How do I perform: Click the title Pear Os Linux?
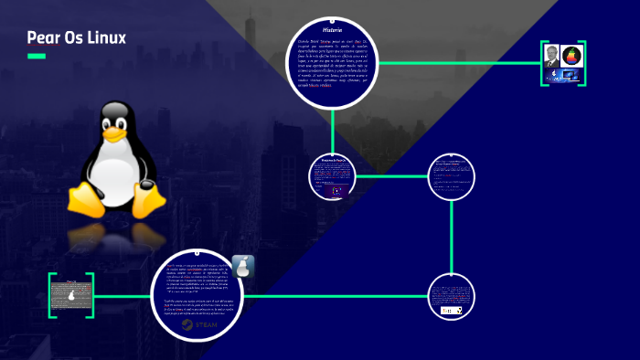point(76,37)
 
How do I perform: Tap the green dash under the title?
point(37,57)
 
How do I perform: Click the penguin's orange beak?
point(113,133)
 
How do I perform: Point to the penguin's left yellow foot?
point(84,198)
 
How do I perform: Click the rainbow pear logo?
point(572,57)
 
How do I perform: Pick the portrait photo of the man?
point(551,57)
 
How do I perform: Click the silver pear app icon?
point(243,268)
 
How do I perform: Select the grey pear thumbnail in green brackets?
point(71,295)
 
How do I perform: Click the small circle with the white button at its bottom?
point(453,295)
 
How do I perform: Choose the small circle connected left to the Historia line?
point(331,175)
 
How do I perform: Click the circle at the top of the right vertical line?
point(453,175)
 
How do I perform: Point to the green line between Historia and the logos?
point(457,63)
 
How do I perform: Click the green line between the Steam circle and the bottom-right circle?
point(329,295)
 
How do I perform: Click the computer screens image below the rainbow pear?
point(562,76)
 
